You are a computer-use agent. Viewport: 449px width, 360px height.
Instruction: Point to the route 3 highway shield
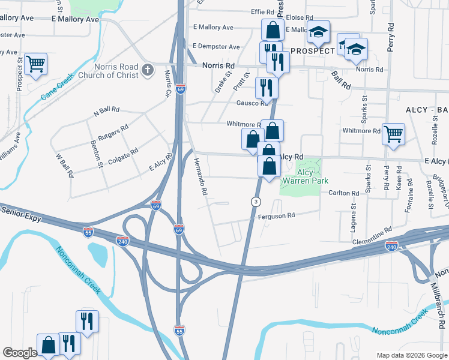pyautogui.click(x=256, y=202)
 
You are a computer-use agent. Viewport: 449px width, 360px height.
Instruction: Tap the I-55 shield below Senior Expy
pyautogui.click(x=88, y=230)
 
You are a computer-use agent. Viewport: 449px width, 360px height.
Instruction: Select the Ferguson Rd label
pyautogui.click(x=278, y=215)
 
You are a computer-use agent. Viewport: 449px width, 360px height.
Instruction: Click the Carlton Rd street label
pyautogui.click(x=343, y=193)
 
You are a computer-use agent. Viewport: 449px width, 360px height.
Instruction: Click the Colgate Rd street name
pyautogui.click(x=122, y=157)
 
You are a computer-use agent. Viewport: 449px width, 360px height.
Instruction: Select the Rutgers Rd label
pyautogui.click(x=113, y=132)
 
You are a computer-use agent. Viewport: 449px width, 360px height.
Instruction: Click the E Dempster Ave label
pyautogui.click(x=216, y=47)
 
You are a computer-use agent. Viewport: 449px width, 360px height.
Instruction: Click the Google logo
pyautogui.click(x=20, y=353)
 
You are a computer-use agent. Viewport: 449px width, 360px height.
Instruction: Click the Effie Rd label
pyautogui.click(x=262, y=11)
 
